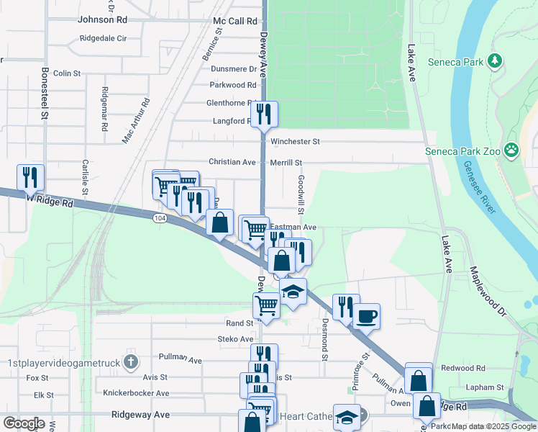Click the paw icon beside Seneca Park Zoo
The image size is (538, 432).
tap(511, 150)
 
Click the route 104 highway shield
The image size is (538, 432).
tap(160, 217)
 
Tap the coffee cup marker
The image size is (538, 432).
tap(366, 315)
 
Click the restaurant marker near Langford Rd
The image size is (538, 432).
tap(263, 113)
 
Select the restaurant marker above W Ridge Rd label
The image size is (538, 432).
tap(30, 177)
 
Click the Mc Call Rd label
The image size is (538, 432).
tap(235, 22)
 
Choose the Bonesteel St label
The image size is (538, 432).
tap(45, 93)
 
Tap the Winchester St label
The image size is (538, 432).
tap(295, 142)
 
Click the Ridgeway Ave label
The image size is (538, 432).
tap(141, 415)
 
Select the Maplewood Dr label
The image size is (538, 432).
tap(488, 284)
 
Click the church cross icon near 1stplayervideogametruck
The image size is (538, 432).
tap(130, 360)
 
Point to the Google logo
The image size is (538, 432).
tap(24, 423)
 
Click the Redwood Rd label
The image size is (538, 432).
tap(459, 368)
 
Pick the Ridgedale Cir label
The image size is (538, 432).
tap(104, 38)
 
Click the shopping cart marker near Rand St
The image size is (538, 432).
tap(266, 305)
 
